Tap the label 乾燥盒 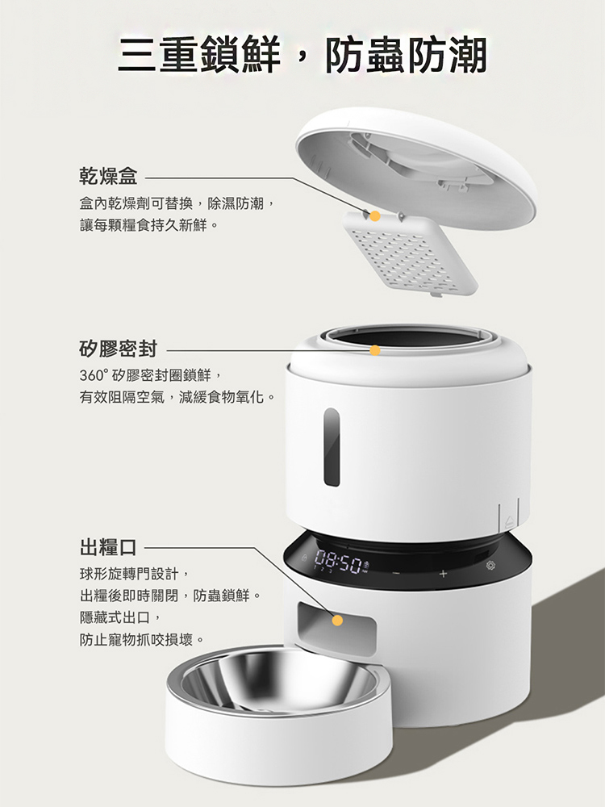109,176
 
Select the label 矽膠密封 119,349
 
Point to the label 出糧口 109,546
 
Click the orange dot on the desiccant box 375,216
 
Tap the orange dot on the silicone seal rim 375,350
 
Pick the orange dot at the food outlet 337,621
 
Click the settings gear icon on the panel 491,566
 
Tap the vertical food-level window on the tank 332,447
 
